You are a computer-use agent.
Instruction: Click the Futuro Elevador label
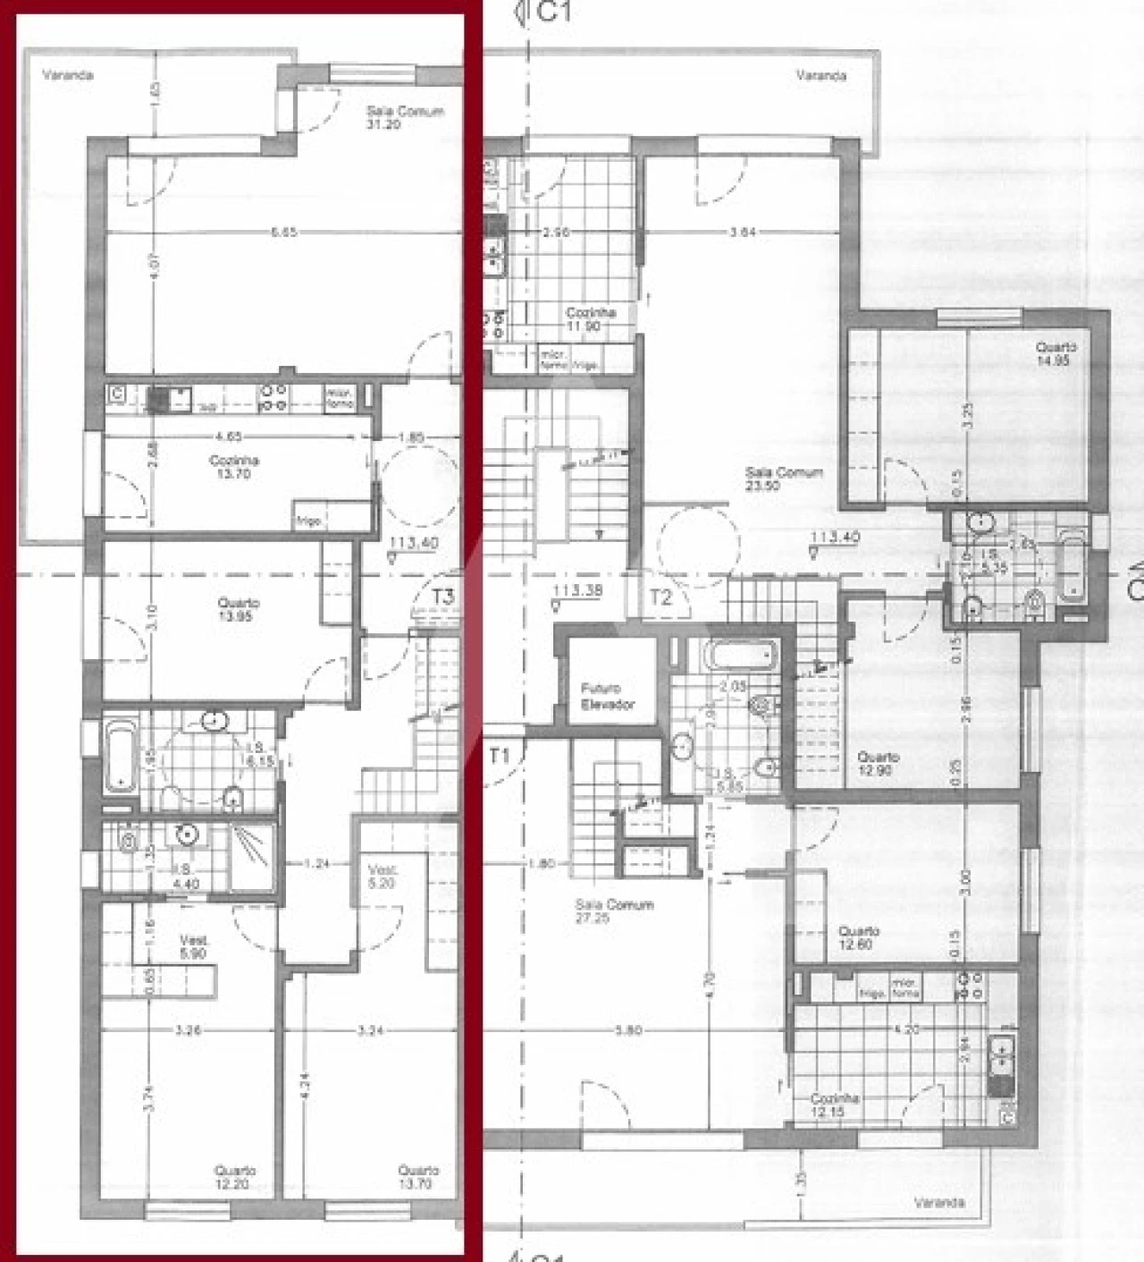(607, 696)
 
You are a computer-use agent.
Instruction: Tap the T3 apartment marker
(442, 597)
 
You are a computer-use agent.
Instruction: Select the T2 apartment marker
(660, 598)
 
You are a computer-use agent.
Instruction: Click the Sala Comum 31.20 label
(405, 117)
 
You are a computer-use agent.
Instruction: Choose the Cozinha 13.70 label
(234, 466)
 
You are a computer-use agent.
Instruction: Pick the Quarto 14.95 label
(1056, 353)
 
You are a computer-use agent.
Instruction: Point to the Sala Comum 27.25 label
(614, 911)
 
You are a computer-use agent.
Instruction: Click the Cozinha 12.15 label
(835, 1105)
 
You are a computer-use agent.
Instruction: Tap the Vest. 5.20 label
(383, 876)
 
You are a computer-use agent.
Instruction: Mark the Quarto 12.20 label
(235, 1176)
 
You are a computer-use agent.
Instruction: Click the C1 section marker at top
(554, 12)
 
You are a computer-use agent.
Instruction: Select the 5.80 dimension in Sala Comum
(629, 1030)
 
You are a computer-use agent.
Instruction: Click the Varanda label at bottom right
(939, 1202)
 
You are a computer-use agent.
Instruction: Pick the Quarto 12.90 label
(878, 763)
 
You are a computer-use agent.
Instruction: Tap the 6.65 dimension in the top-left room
(284, 233)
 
